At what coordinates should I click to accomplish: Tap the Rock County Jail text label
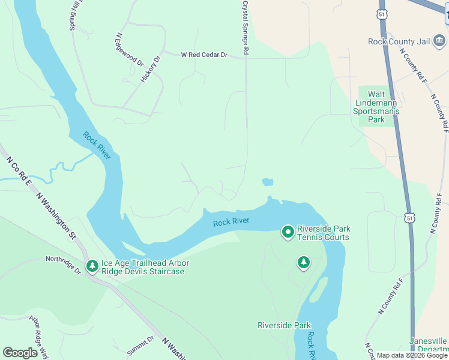pyautogui.click(x=399, y=41)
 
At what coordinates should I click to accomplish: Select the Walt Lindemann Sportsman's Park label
pyautogui.click(x=376, y=107)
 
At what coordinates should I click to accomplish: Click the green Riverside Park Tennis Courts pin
pyautogui.click(x=288, y=232)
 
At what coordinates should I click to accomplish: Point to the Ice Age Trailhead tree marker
pyautogui.click(x=92, y=266)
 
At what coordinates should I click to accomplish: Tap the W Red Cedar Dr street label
pyautogui.click(x=205, y=55)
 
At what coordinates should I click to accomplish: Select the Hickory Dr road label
pyautogui.click(x=151, y=69)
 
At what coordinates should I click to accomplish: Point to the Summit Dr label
pyautogui.click(x=140, y=345)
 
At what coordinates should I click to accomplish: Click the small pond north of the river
pyautogui.click(x=267, y=182)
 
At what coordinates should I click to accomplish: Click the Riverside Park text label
pyautogui.click(x=284, y=325)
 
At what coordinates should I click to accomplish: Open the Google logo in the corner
pyautogui.click(x=20, y=353)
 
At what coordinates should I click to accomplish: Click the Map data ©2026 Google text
pyautogui.click(x=411, y=355)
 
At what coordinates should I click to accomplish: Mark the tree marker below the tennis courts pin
pyautogui.click(x=304, y=262)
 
